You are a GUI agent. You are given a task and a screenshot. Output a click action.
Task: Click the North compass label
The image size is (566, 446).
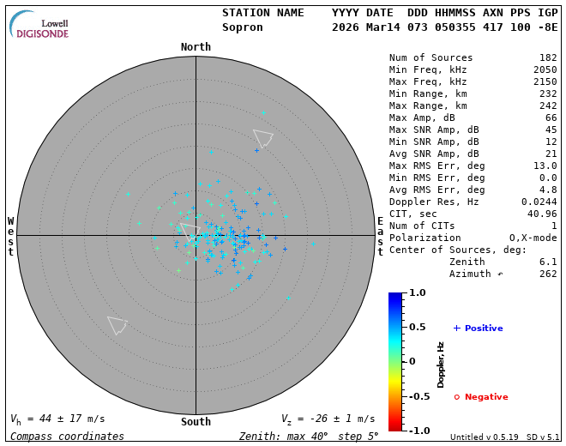coord(196,47)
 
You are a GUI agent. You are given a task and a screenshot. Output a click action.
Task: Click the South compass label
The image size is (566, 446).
coord(196,421)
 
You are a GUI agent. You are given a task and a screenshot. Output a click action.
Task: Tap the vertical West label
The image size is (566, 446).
coord(10,236)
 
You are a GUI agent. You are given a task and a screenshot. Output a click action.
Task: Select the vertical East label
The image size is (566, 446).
coord(380,236)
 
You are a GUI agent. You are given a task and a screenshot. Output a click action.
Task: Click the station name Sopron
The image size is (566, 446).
coord(243,27)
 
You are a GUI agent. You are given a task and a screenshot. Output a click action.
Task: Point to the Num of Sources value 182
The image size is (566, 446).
coord(548,58)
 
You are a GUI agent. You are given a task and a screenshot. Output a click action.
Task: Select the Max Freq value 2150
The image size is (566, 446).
coord(545,82)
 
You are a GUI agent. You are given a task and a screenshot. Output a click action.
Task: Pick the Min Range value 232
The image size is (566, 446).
coord(548,94)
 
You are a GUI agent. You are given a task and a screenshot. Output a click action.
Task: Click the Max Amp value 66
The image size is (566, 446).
coord(551,118)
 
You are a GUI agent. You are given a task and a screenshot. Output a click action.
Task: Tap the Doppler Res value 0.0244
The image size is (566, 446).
coord(539,202)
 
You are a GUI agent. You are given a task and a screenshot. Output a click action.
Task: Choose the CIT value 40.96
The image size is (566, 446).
coord(542,214)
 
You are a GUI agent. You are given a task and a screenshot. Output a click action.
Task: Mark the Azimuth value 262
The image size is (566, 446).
coord(548,274)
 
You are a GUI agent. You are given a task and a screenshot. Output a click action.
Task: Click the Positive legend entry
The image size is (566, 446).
coord(478,328)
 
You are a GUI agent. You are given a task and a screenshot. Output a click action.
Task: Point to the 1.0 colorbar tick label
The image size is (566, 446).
coord(418,293)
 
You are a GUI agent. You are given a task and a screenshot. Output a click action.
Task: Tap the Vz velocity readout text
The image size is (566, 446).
coord(328,419)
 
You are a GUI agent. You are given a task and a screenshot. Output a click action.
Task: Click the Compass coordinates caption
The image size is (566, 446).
coord(67,437)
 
